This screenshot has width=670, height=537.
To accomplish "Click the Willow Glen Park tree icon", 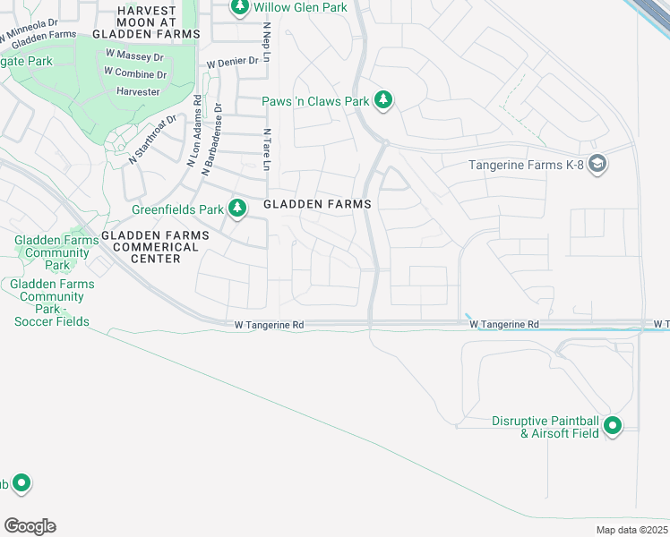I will pyautogui.click(x=239, y=8).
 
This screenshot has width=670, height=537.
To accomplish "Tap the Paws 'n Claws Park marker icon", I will pyautogui.click(x=384, y=100).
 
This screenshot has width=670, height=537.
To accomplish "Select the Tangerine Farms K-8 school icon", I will pyautogui.click(x=599, y=165).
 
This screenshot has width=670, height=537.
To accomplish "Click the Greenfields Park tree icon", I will pyautogui.click(x=237, y=209).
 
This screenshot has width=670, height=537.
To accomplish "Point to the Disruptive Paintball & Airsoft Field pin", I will pyautogui.click(x=613, y=426).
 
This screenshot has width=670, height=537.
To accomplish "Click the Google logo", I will pyautogui.click(x=30, y=526).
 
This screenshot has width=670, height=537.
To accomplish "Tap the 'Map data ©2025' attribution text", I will pyautogui.click(x=631, y=530).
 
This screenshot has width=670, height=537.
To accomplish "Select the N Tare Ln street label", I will pyautogui.click(x=266, y=149).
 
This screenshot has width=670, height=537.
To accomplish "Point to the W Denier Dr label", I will pyautogui.click(x=232, y=63).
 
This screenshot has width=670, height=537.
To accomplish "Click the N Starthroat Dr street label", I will pyautogui.click(x=146, y=141).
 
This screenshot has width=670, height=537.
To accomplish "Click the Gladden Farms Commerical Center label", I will pyautogui.click(x=155, y=246).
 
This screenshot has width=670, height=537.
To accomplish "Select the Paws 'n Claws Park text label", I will pyautogui.click(x=315, y=101).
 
